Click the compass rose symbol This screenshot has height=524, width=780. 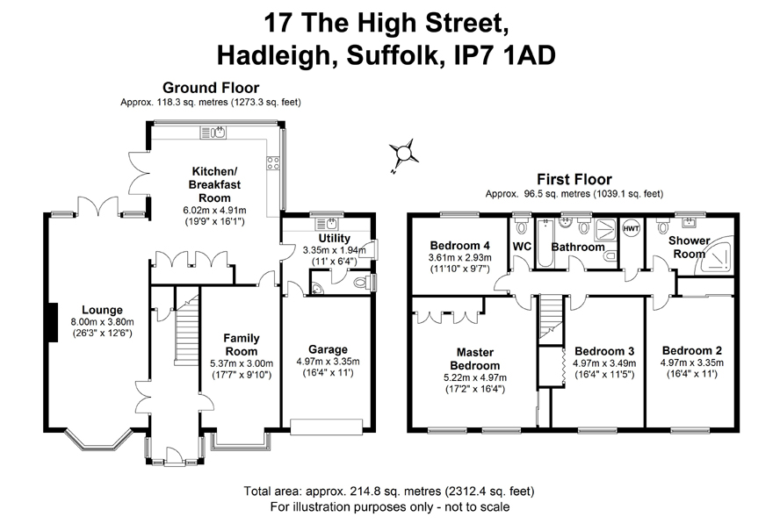tap(403, 154)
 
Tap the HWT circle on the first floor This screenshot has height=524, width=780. tap(631, 229)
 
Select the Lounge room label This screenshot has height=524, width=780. tap(102, 310)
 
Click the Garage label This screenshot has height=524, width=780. tap(328, 349)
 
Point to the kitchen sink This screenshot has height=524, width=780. tap(213, 133)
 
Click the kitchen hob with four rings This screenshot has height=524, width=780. tap(273, 163)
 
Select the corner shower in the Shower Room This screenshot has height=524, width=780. tap(718, 255)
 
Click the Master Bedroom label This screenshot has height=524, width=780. tap(475, 359)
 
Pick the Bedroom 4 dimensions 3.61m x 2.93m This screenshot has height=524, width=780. tap(459, 257)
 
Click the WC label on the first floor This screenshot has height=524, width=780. tap(522, 247)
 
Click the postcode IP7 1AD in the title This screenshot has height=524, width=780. tap(504, 55)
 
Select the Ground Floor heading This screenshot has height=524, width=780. tap(211, 88)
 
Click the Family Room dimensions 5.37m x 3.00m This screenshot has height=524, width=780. tap(242, 364)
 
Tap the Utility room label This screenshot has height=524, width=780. tap(335, 238)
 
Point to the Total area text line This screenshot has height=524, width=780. tap(389, 492)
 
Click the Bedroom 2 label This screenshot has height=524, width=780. tap(692, 350)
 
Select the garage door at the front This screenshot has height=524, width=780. tap(327, 427)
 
